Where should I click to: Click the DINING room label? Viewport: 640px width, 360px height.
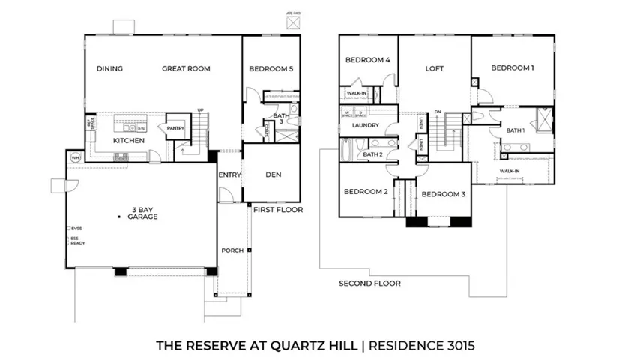coord(109,68)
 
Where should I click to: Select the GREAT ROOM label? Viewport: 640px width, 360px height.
coord(186,68)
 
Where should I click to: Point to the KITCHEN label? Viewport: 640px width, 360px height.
coord(128,140)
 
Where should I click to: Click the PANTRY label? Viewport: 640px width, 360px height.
coord(176,127)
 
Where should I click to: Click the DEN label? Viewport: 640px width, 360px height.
coord(274,175)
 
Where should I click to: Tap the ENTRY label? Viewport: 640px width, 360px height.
coord(229,175)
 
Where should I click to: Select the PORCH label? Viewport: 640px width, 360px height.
coord(232,250)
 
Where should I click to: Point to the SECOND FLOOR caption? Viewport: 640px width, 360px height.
coord(369,283)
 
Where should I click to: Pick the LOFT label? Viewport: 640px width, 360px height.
coord(435,68)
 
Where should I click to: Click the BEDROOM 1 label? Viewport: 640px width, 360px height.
coord(513,67)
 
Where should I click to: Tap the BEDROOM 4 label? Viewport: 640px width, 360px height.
coord(367,60)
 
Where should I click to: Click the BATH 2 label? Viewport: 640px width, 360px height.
coord(372,155)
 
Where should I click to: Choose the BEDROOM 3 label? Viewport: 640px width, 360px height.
coord(443,194)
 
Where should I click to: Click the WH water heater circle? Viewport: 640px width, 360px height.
coord(75,157)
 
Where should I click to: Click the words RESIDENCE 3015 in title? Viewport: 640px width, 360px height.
coord(418,346)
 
